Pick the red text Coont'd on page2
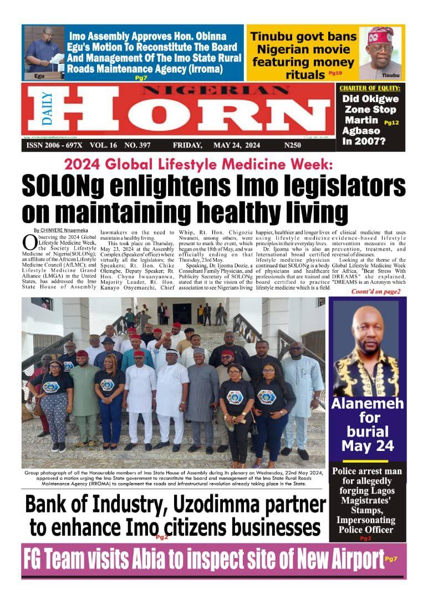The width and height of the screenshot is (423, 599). (375, 291)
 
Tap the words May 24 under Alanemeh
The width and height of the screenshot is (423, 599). (368, 446)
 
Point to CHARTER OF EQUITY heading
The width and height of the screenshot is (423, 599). (369, 88)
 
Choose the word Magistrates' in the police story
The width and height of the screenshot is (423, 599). (366, 502)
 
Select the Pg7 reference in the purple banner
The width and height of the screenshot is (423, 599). (391, 559)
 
